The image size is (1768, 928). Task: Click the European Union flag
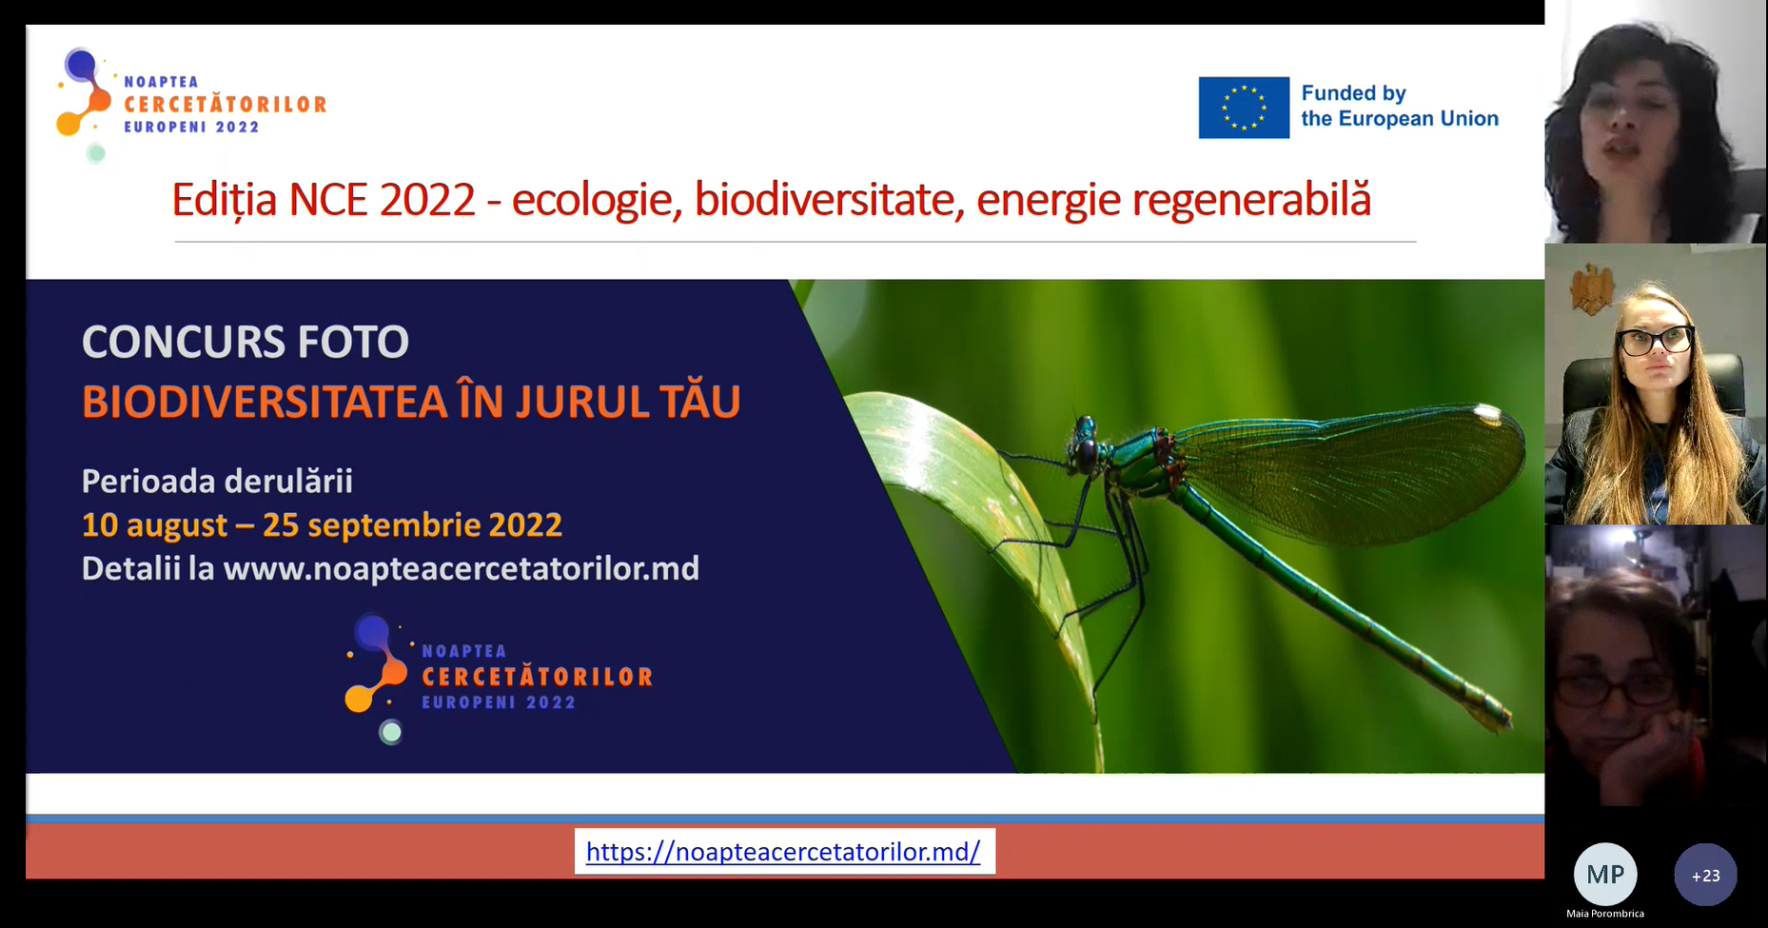[1244, 108]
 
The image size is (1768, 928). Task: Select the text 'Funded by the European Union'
[1400, 106]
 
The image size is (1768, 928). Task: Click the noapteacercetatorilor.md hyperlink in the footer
[783, 851]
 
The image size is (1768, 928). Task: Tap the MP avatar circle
[1605, 874]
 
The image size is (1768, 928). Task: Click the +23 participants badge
[1705, 875]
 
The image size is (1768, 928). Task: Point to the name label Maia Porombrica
[1605, 914]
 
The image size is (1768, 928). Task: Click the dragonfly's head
[1085, 445]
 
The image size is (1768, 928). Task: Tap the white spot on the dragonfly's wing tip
[1486, 413]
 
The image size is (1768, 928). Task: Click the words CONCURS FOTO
[246, 342]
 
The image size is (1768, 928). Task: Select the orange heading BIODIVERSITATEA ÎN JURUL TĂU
[411, 401]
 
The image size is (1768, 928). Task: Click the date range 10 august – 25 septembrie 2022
[322, 525]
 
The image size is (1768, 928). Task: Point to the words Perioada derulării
[217, 482]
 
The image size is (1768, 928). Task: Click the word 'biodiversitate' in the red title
[824, 200]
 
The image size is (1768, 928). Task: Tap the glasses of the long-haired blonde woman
[1657, 340]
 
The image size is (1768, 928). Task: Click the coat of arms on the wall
[1591, 289]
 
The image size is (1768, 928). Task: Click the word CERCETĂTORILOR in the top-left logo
[226, 104]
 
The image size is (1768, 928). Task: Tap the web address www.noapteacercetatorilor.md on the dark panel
[462, 569]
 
